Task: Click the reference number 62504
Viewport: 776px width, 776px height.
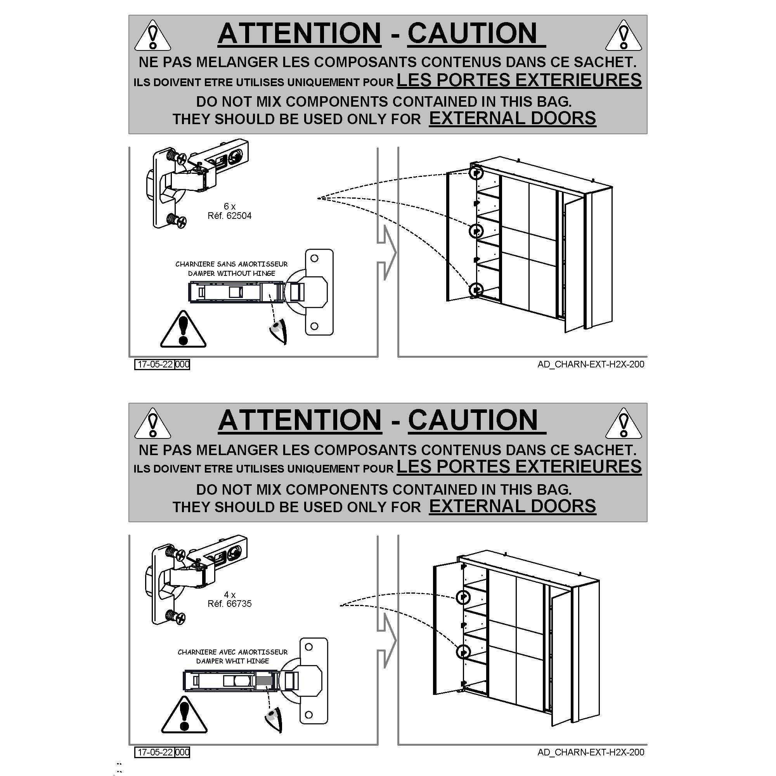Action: (x=239, y=216)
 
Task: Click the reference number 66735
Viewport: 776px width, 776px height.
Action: (x=239, y=604)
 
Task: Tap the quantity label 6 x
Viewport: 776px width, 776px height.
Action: (x=230, y=206)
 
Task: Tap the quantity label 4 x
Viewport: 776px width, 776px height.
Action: (x=230, y=594)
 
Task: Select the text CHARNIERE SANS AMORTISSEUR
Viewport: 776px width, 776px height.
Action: (x=232, y=264)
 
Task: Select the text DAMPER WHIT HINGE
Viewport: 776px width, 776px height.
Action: (x=232, y=661)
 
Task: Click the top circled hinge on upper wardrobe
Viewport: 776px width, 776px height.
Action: (x=476, y=173)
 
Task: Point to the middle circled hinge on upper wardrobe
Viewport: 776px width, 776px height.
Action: (x=476, y=230)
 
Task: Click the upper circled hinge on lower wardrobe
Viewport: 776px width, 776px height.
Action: (x=463, y=597)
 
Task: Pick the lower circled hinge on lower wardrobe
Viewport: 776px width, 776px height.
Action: (x=463, y=651)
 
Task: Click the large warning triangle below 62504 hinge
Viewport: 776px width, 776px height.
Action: (x=183, y=329)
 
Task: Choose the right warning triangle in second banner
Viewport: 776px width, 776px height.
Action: (x=624, y=424)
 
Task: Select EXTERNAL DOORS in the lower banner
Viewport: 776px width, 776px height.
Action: (x=513, y=506)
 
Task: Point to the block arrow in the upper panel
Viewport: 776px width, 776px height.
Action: (x=386, y=253)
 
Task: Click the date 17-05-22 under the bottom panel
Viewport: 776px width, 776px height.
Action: (x=155, y=752)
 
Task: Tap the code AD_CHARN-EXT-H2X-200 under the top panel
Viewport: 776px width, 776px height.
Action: (x=591, y=364)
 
